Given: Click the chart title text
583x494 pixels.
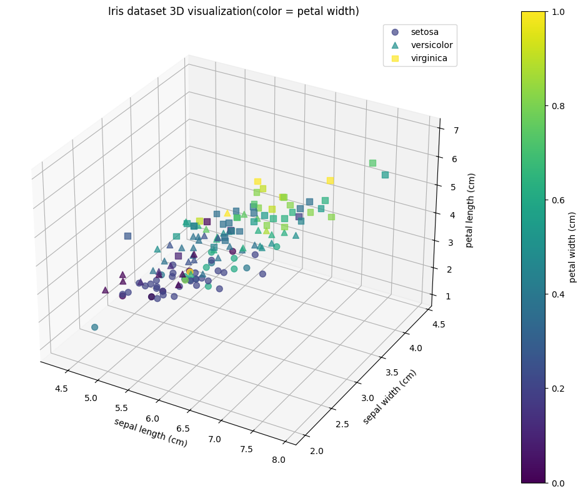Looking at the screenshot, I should click(x=233, y=11).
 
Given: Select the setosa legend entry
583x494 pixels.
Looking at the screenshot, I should click(x=424, y=32).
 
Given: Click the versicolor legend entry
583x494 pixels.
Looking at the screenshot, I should click(x=431, y=45).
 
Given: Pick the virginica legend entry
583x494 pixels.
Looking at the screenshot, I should click(x=429, y=59).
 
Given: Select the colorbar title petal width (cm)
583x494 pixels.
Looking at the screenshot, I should click(x=572, y=247).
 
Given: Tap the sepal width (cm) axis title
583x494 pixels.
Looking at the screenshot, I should click(x=389, y=397).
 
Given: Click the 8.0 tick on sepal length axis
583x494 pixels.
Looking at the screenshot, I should click(x=279, y=460).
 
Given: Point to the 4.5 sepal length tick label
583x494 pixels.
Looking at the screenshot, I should click(x=61, y=389).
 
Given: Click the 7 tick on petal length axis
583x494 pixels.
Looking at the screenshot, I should click(x=457, y=130).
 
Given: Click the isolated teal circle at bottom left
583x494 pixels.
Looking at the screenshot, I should click(x=95, y=327).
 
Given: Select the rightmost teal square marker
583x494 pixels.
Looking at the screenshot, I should click(x=385, y=175).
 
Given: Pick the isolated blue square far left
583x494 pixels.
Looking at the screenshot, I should click(x=127, y=236).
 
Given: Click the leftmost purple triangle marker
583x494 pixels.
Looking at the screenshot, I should click(x=105, y=289).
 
